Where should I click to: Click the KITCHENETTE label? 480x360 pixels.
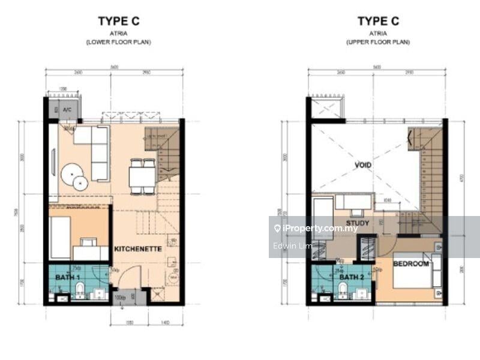pyautogui.click(x=137, y=248)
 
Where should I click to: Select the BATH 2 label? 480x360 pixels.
pyautogui.click(x=351, y=277)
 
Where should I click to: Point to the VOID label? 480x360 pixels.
pyautogui.click(x=363, y=165)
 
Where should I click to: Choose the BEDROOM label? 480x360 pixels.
pyautogui.click(x=411, y=264)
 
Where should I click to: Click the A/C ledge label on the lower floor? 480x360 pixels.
pyautogui.click(x=67, y=110)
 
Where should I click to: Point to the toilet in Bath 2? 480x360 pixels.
pyautogui.click(x=343, y=291)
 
